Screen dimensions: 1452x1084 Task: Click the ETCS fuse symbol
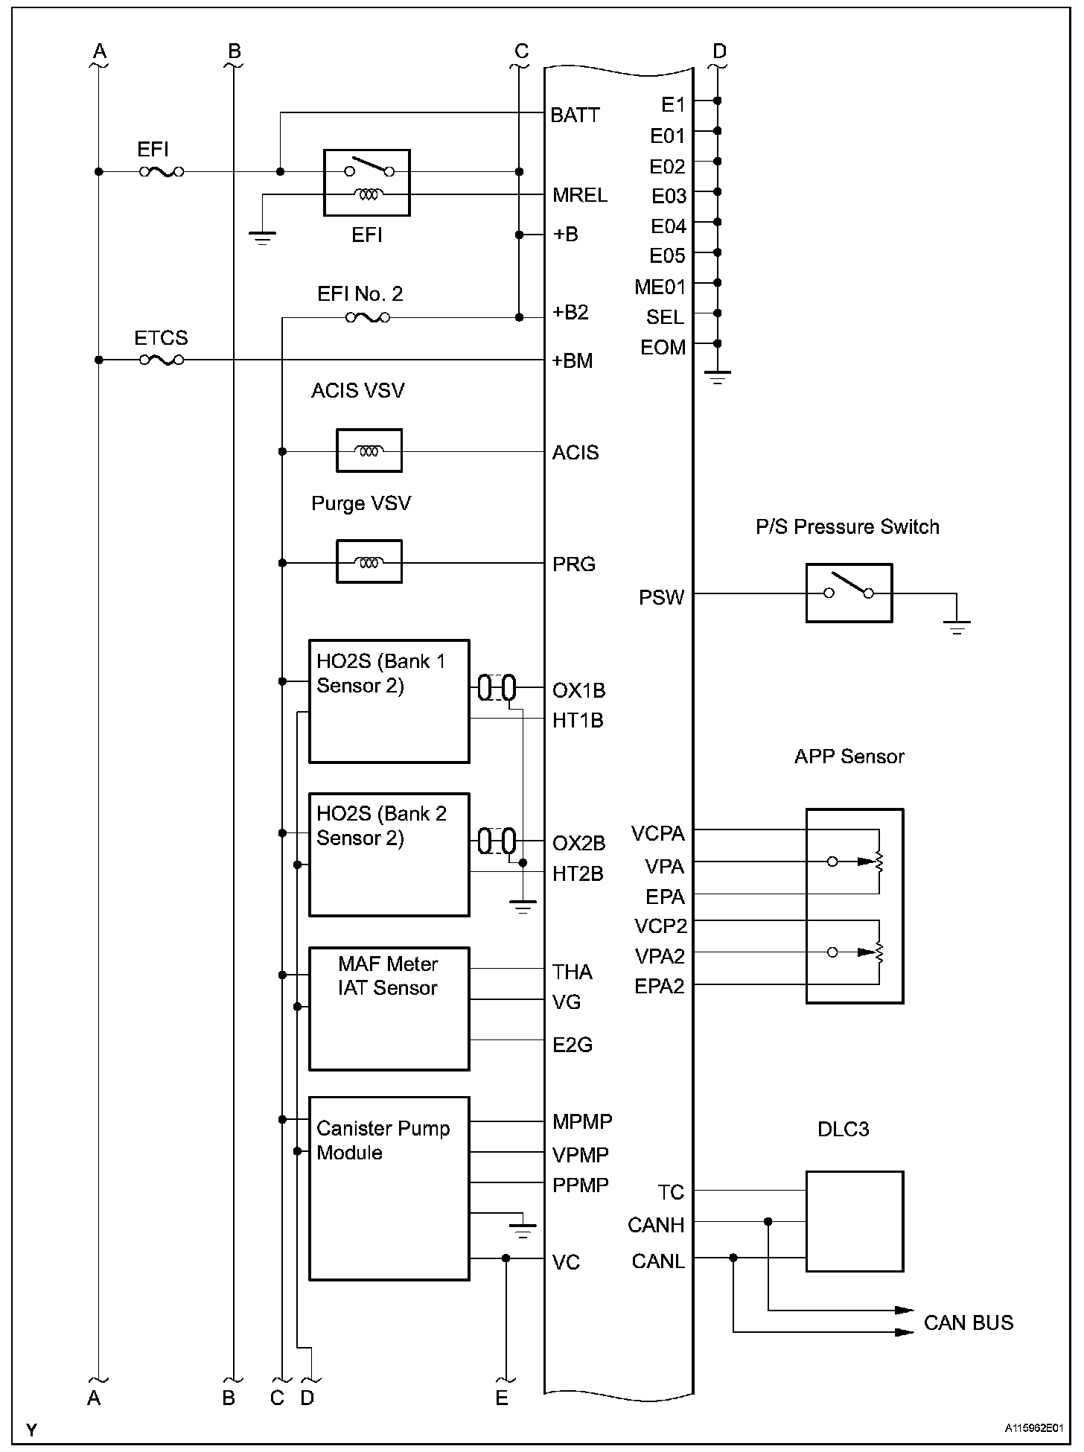(162, 360)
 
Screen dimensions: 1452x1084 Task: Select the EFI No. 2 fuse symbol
(368, 318)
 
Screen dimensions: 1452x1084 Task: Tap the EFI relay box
(367, 183)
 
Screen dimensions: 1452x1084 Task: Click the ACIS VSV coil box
(369, 450)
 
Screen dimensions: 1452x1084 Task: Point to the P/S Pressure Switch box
(849, 593)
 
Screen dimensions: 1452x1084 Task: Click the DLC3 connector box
(855, 1221)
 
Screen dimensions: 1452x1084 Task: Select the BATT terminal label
(575, 115)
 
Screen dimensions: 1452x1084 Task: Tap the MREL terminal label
(580, 195)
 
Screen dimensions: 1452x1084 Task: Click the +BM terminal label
(573, 361)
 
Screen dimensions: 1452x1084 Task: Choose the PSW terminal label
(661, 597)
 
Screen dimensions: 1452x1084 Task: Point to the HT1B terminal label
(578, 721)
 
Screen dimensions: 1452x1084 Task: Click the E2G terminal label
(573, 1045)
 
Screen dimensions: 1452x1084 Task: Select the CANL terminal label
(658, 1261)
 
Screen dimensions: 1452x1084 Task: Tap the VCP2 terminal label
(660, 926)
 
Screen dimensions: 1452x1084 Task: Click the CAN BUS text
(969, 1322)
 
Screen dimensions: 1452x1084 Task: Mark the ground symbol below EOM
(718, 378)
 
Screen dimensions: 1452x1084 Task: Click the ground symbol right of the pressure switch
(957, 626)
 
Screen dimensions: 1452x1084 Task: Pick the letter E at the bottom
(502, 1398)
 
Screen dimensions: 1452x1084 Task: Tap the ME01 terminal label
(660, 287)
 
